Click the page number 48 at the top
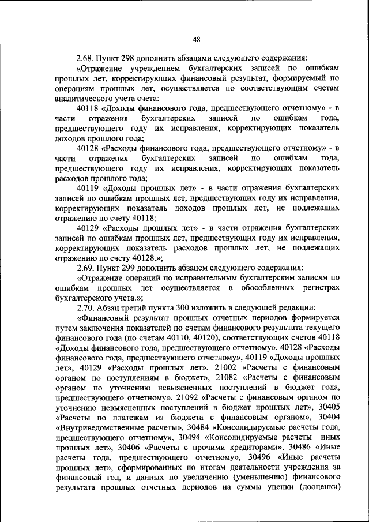[x=196, y=39]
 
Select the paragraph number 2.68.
[x=86, y=58]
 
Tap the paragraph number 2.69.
[x=86, y=268]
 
